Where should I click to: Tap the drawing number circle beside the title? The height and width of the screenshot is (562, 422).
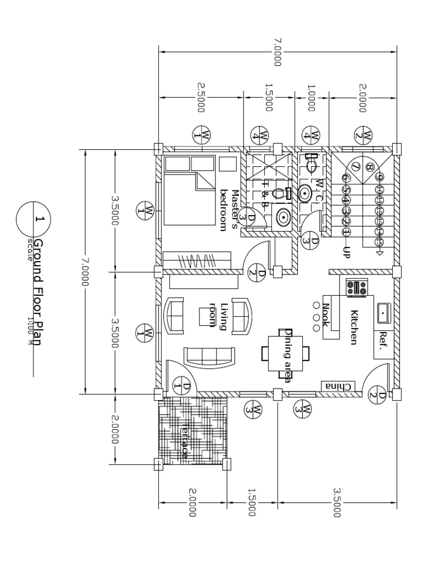pyautogui.click(x=34, y=219)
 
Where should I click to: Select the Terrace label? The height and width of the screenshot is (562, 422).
pyautogui.click(x=185, y=442)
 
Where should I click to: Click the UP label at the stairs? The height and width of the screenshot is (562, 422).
pyautogui.click(x=346, y=252)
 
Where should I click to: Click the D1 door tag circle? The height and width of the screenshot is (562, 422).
pyautogui.click(x=181, y=386)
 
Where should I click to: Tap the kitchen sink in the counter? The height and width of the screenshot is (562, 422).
pyautogui.click(x=381, y=312)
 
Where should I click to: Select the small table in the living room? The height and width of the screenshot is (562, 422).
pyautogui.click(x=207, y=316)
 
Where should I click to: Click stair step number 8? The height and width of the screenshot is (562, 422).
pyautogui.click(x=369, y=167)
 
